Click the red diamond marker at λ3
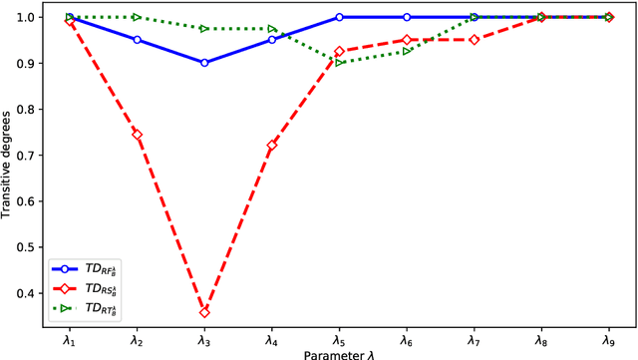204,312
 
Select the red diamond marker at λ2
138,135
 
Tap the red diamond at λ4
271,146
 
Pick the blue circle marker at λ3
204,62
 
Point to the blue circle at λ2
138,39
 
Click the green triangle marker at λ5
339,62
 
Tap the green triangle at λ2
138,17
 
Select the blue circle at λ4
271,39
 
